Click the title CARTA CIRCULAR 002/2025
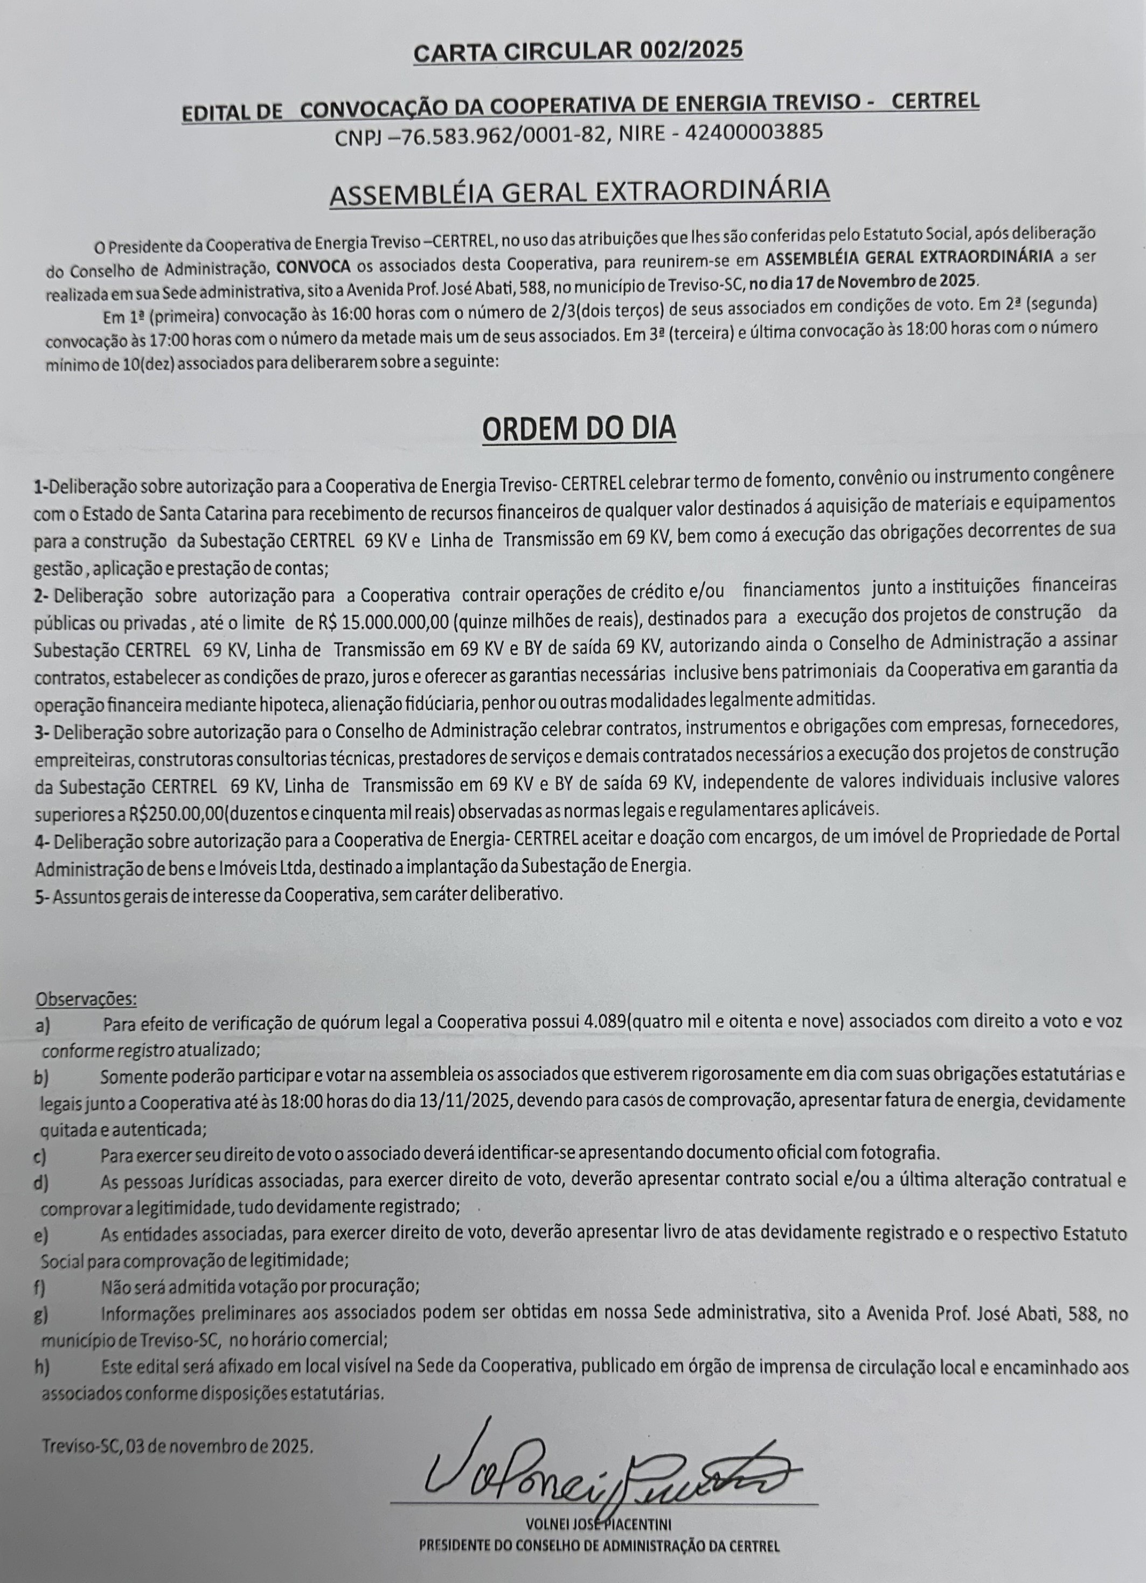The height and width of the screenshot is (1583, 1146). click(578, 52)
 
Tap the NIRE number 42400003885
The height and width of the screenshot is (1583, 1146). click(753, 131)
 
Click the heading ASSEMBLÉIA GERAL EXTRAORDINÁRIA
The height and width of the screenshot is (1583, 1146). click(579, 192)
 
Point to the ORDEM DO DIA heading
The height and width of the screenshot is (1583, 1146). click(579, 428)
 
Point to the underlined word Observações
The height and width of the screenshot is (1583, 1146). click(86, 999)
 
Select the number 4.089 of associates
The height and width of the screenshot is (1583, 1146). click(605, 1023)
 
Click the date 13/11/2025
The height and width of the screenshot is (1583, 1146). click(467, 1101)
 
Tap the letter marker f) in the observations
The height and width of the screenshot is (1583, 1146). click(41, 1285)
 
